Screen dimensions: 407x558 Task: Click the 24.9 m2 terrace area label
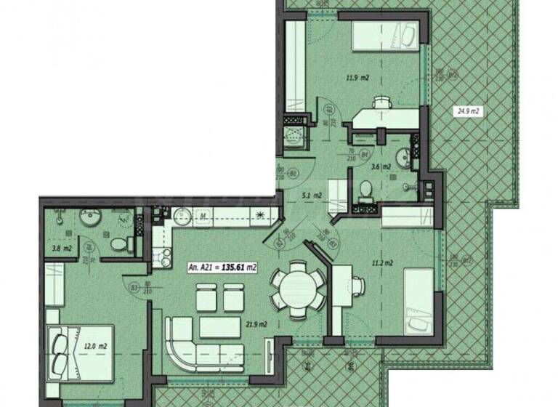(470, 111)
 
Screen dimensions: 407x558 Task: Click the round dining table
(298, 289)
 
